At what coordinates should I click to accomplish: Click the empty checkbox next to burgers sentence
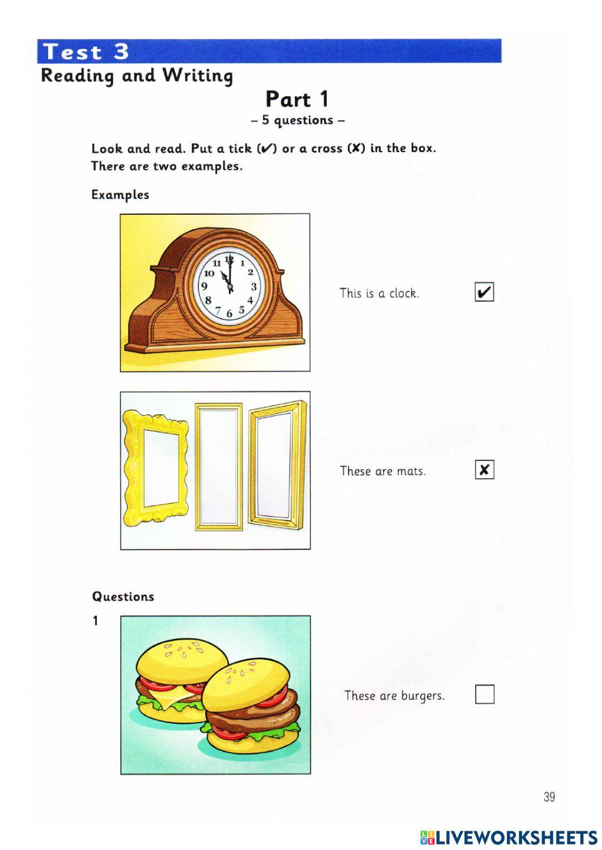(x=485, y=694)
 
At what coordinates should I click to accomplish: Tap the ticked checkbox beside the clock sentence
(x=484, y=292)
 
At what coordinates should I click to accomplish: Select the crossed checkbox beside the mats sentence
(x=484, y=470)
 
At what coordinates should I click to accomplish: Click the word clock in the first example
(x=403, y=294)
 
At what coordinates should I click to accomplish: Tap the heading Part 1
(x=297, y=99)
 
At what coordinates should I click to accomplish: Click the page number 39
(x=549, y=797)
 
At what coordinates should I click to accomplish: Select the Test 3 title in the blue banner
(x=87, y=52)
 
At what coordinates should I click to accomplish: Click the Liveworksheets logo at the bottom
(x=509, y=837)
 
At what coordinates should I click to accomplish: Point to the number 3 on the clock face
(x=254, y=287)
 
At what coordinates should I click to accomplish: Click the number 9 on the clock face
(x=205, y=287)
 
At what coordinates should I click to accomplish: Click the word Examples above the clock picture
(x=120, y=195)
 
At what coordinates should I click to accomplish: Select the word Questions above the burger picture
(x=123, y=597)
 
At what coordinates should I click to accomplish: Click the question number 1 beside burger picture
(x=95, y=621)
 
